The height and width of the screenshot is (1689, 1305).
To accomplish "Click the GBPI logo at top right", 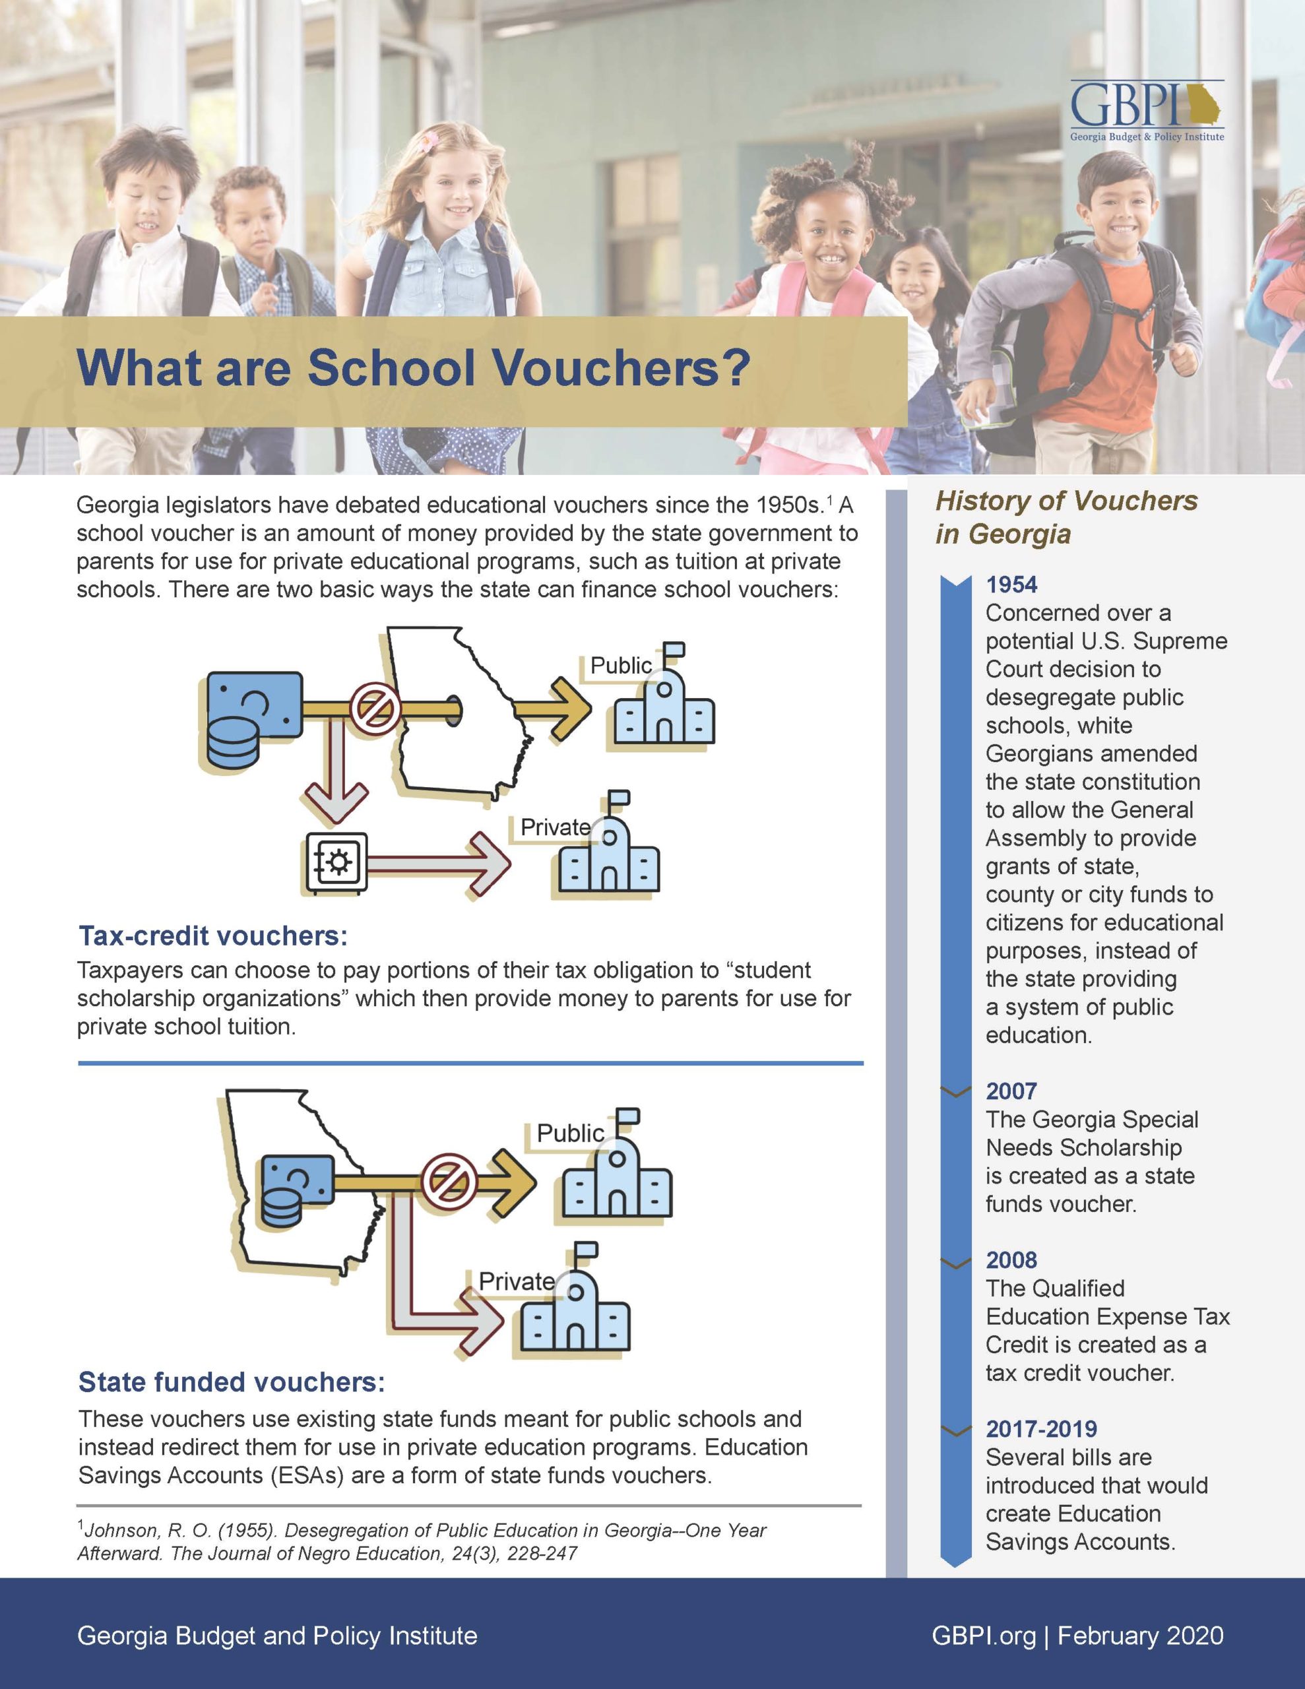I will click(1147, 111).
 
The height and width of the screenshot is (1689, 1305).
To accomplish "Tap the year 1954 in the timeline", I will click(1011, 585).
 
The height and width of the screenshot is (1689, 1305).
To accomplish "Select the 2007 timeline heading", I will click(1011, 1091).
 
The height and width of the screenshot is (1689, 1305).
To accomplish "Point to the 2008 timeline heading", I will click(1011, 1259).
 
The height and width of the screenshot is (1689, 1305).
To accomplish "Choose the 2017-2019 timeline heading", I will click(1041, 1429).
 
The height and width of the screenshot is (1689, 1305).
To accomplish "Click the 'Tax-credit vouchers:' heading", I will click(212, 936).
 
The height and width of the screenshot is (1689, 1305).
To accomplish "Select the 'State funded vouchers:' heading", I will click(232, 1382).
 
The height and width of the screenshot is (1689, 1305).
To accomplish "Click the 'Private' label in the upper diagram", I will click(555, 827).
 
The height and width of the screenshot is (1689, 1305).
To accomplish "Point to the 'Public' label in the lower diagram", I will click(570, 1133).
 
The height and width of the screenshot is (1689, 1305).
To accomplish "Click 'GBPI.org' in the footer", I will click(983, 1636).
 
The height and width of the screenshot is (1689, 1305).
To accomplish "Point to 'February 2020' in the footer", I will click(1140, 1636).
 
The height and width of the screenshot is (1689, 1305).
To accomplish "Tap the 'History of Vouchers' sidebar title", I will click(1066, 501).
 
